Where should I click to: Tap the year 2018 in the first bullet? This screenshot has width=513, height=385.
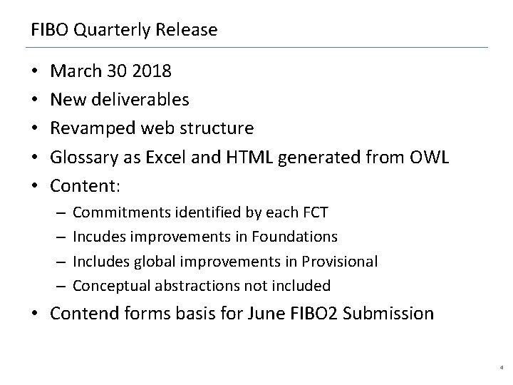(150, 72)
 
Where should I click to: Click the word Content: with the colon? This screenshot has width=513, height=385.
(88, 186)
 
